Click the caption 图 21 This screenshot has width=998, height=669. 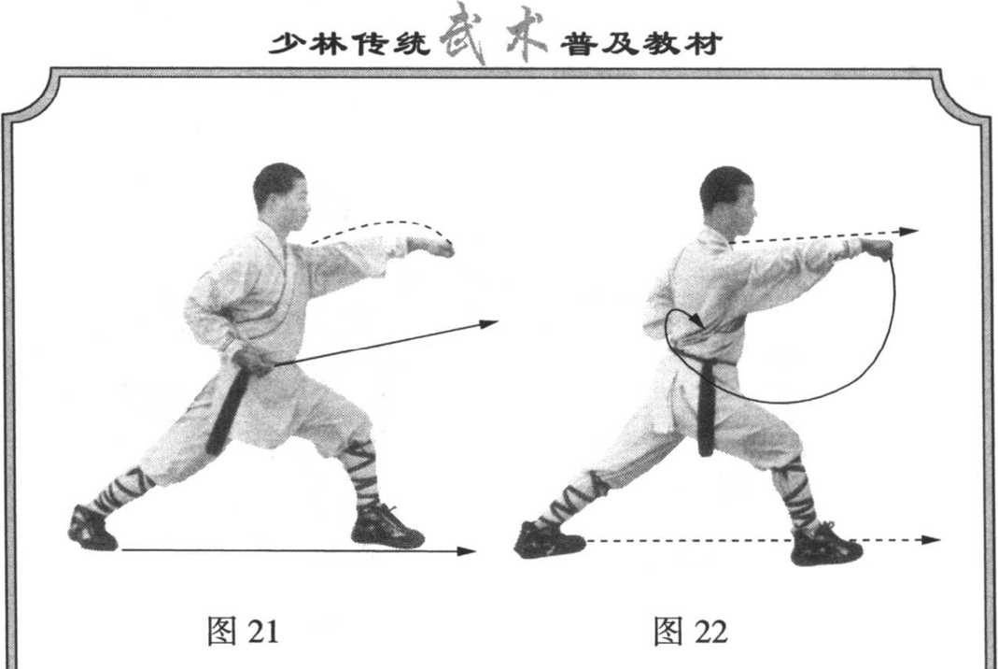pos(243,631)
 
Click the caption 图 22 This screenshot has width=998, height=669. pos(691,631)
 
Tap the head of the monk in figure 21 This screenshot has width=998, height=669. pos(281,195)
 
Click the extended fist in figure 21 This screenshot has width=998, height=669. pos(433,247)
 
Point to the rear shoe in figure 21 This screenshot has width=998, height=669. pos(92,528)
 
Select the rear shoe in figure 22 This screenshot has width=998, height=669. pos(549,540)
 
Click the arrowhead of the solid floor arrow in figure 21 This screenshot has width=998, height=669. pos(467,551)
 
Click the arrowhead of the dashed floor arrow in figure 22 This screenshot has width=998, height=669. pos(931,540)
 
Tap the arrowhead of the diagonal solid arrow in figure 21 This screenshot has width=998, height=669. pos(489,324)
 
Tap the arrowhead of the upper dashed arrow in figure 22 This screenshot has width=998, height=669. pos(909,232)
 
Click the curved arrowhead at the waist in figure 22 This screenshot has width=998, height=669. pos(697,320)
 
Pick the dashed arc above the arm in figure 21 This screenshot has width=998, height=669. pos(383,223)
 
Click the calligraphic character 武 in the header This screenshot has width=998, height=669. pos(463,33)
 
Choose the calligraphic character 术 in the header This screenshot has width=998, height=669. pos(524,33)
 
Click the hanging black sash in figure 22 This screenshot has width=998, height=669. pos(706,407)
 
